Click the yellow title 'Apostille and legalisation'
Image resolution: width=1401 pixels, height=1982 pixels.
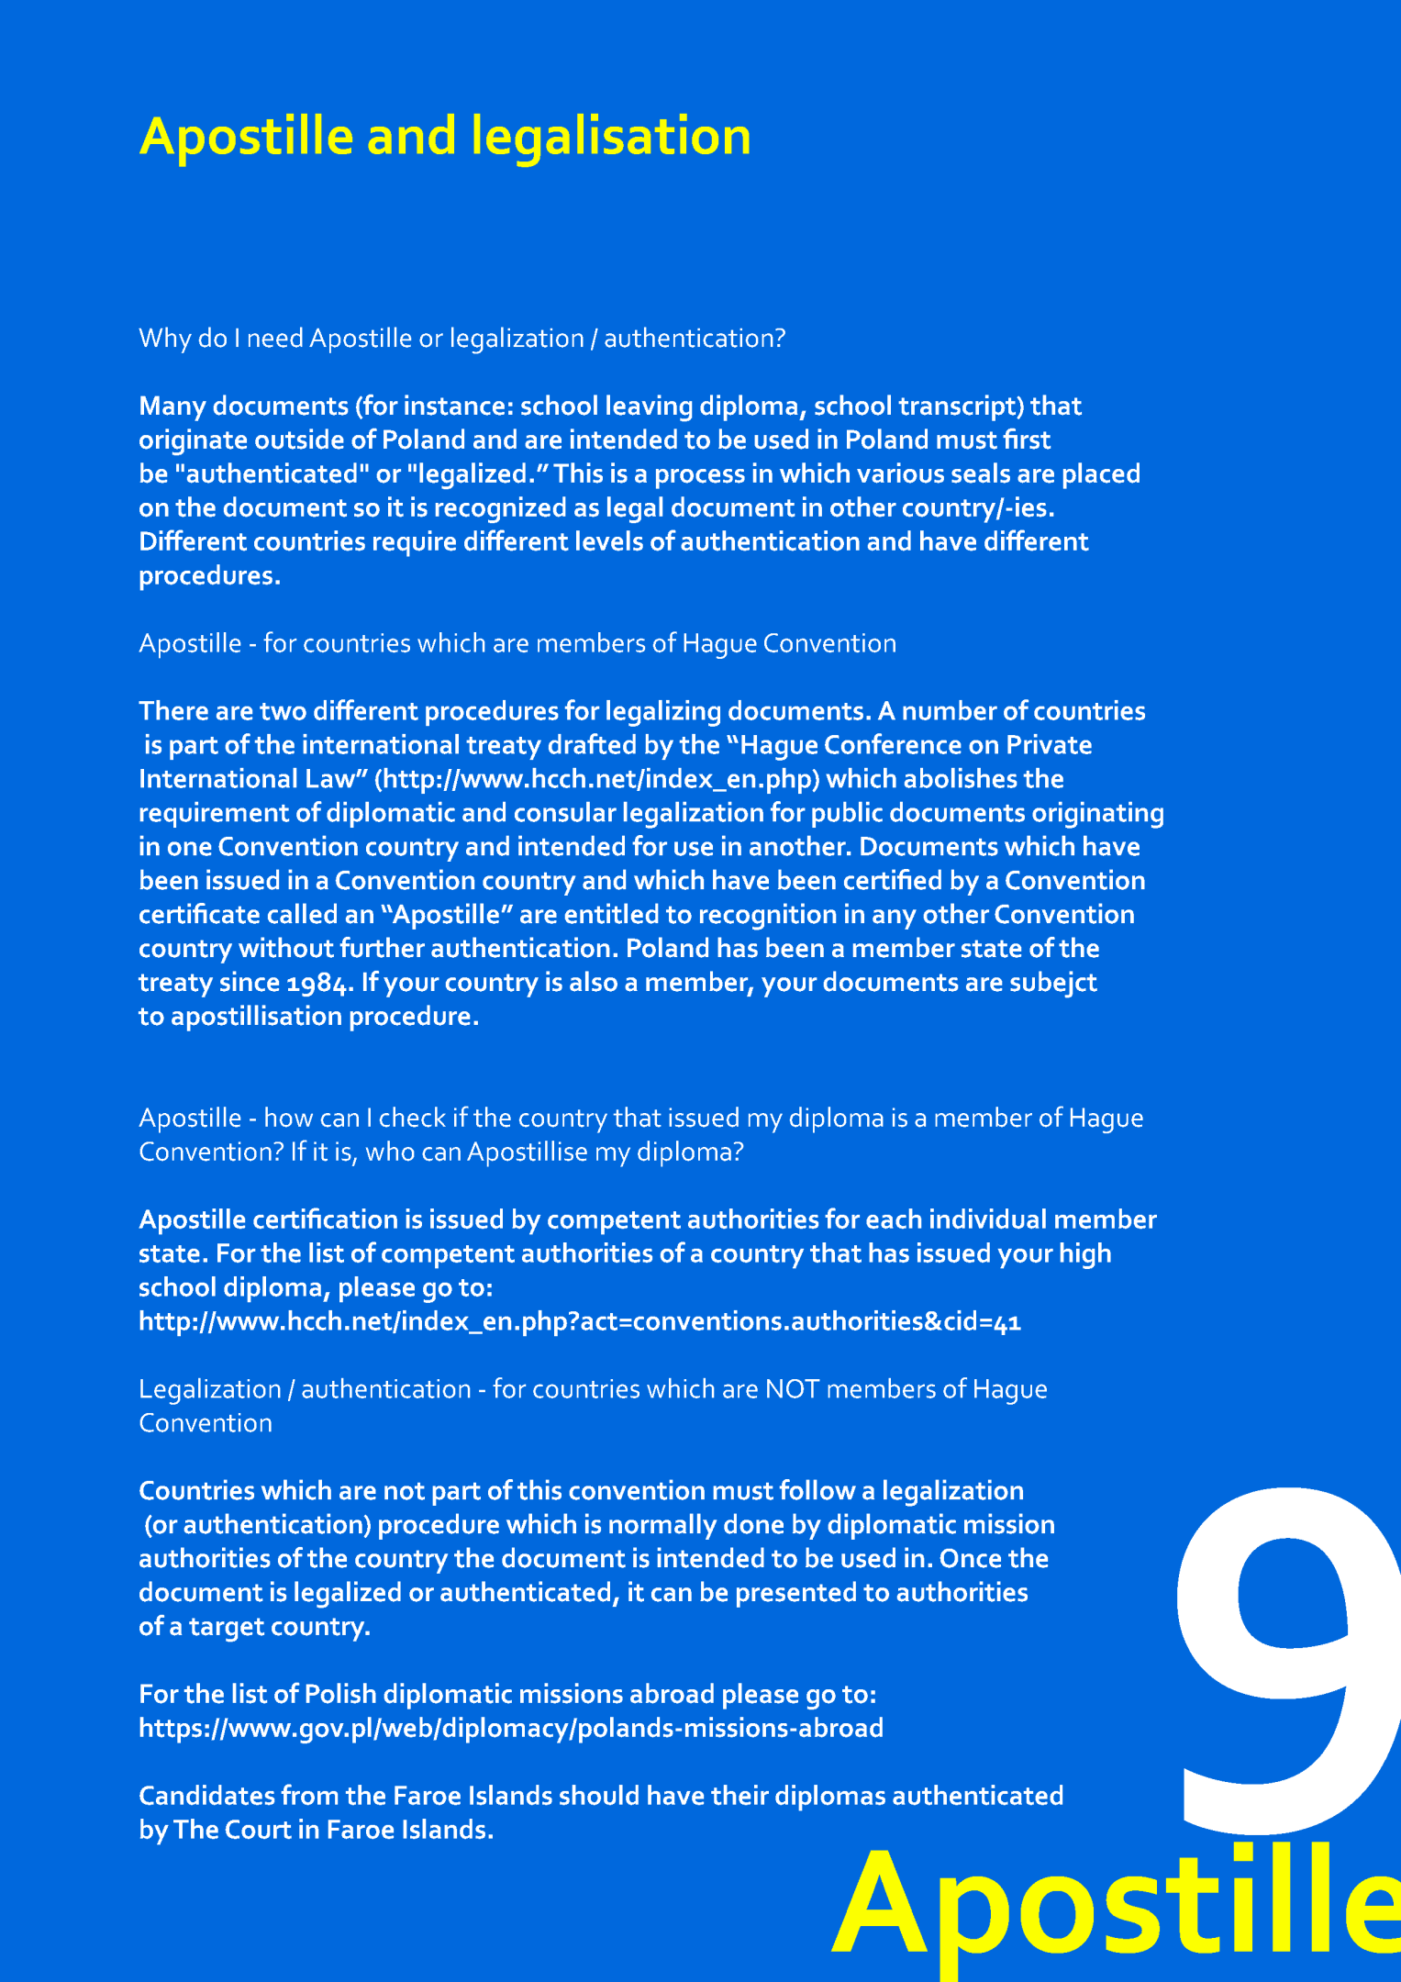445,137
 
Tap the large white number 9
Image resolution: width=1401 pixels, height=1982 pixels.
1284,1642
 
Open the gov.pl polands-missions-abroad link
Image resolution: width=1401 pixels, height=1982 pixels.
511,1728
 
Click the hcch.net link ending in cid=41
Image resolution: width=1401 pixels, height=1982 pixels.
580,1321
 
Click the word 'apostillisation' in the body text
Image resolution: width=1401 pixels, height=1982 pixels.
256,1017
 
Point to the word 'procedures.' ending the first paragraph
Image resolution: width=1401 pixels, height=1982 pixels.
209,576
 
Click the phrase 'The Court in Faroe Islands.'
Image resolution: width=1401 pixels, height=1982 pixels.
334,1830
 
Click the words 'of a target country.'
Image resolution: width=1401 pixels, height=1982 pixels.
254,1626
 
